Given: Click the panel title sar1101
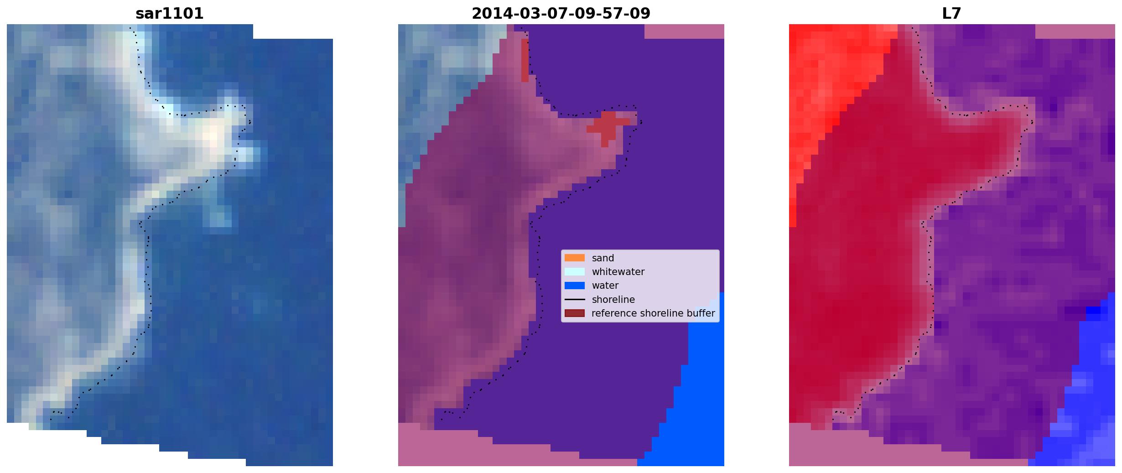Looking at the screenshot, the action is click(169, 14).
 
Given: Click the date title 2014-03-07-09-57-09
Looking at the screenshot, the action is click(561, 14).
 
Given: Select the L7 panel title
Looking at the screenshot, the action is click(951, 14).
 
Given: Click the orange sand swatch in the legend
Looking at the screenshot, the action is click(575, 258).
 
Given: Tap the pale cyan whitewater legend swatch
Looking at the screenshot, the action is click(575, 271).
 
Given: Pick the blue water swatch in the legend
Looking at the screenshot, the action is click(575, 286).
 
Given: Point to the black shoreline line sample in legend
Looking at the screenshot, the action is click(575, 300).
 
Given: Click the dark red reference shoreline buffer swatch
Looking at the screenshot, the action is click(575, 313).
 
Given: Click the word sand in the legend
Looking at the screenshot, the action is click(603, 258).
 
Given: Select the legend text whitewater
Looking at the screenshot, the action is click(618, 272).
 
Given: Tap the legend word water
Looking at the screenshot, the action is click(605, 286).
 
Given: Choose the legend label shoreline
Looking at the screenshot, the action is click(613, 300).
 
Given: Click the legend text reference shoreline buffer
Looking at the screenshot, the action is click(653, 313).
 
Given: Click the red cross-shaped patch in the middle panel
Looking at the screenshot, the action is click(608, 126).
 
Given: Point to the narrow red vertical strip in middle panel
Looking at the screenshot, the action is click(525, 60).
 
